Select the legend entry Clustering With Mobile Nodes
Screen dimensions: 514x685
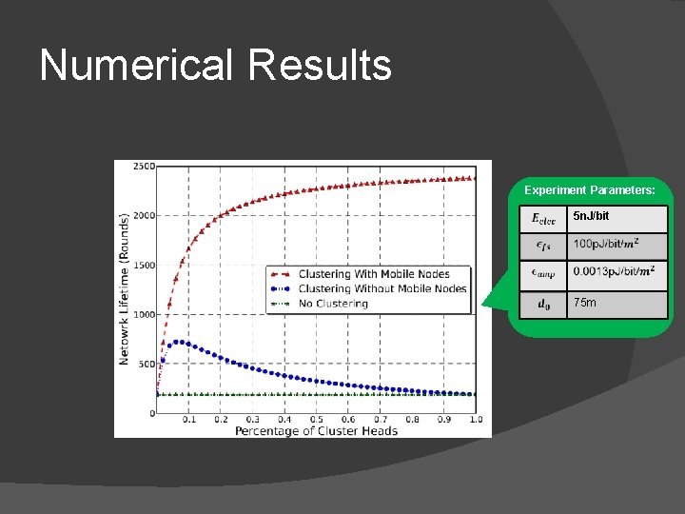[373, 274]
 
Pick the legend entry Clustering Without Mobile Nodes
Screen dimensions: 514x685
[382, 288]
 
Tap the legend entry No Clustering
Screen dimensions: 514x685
[332, 304]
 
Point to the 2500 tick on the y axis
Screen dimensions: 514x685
[143, 167]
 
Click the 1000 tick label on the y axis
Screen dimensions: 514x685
[143, 314]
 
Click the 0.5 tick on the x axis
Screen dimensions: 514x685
[317, 420]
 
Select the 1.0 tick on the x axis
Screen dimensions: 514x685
[476, 420]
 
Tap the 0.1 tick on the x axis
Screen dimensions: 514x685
[189, 420]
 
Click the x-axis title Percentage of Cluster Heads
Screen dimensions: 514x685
[316, 430]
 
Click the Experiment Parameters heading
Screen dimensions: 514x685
[590, 190]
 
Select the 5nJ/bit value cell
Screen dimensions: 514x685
[616, 218]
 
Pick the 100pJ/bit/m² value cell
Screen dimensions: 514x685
[616, 246]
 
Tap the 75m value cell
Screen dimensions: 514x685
[616, 304]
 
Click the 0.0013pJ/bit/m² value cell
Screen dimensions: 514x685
[616, 274]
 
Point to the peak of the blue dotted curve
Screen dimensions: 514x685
[176, 342]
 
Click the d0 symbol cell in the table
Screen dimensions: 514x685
[542, 305]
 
